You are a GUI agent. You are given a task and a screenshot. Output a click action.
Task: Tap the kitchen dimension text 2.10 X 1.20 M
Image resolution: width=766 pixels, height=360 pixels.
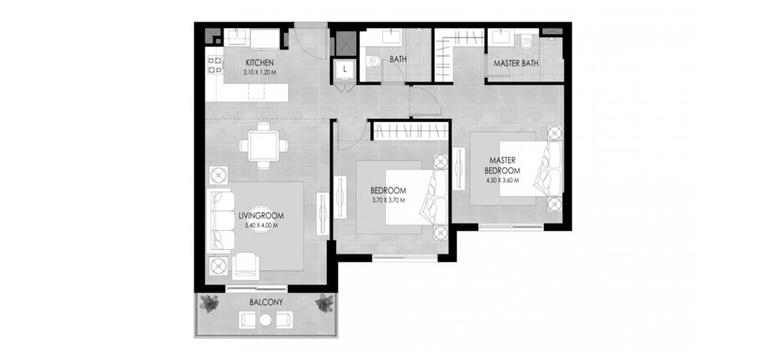pos(259,72)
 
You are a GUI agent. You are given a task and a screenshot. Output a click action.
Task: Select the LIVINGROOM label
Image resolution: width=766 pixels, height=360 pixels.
pos(261,215)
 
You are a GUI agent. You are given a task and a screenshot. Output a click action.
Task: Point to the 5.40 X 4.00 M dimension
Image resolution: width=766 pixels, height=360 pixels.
pos(261,225)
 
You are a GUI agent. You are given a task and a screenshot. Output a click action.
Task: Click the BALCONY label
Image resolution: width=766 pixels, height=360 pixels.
pos(266,302)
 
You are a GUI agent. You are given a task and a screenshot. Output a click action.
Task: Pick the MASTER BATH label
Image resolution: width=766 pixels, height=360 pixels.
pos(516,63)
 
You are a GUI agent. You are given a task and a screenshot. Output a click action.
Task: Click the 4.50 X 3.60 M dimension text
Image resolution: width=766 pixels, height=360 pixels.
pos(502,180)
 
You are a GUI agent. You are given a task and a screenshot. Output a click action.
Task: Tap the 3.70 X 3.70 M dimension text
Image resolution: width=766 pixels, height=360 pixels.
pos(388,200)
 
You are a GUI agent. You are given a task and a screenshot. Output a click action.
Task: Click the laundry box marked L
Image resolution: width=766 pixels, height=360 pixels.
pos(345,69)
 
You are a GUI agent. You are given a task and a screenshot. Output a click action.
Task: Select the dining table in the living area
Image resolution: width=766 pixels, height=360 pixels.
pos(263,145)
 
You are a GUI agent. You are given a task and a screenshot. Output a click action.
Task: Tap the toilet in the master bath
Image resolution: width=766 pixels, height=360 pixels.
pos(526,43)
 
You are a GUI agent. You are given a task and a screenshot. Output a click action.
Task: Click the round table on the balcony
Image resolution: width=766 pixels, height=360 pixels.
pos(266,321)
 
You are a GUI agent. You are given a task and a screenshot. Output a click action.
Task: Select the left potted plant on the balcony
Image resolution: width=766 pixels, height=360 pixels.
pos(209,303)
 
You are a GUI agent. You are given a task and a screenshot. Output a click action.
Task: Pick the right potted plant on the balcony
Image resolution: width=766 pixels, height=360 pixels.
pos(324,303)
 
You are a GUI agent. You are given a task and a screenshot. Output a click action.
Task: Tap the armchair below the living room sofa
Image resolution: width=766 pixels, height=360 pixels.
pos(246,266)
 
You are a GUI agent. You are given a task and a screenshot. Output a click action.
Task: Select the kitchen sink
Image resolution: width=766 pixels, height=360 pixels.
pos(237,37)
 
